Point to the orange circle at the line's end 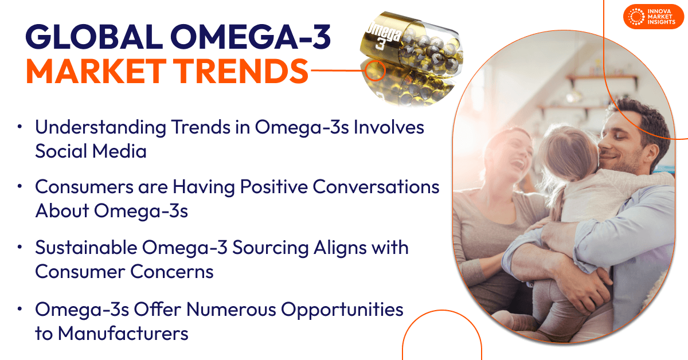(x=376, y=70)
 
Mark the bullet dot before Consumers (x=21, y=187)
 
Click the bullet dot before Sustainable (x=21, y=248)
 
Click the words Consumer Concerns (x=124, y=271)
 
